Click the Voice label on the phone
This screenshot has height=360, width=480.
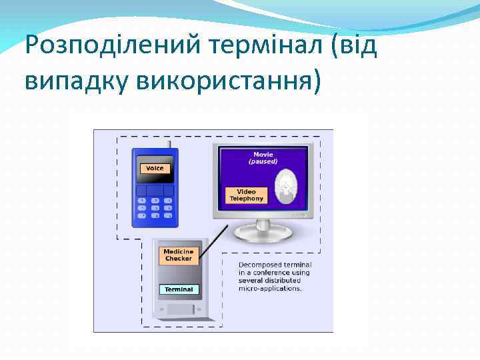155,168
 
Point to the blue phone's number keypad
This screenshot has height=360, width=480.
155,207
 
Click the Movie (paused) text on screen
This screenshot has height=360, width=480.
263,158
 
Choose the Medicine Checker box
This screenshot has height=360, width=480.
179,255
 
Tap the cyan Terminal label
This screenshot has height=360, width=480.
179,289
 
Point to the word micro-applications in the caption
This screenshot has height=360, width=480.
270,289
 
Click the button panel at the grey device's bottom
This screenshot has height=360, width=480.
180,309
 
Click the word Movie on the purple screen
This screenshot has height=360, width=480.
263,155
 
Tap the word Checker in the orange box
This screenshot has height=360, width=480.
179,259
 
